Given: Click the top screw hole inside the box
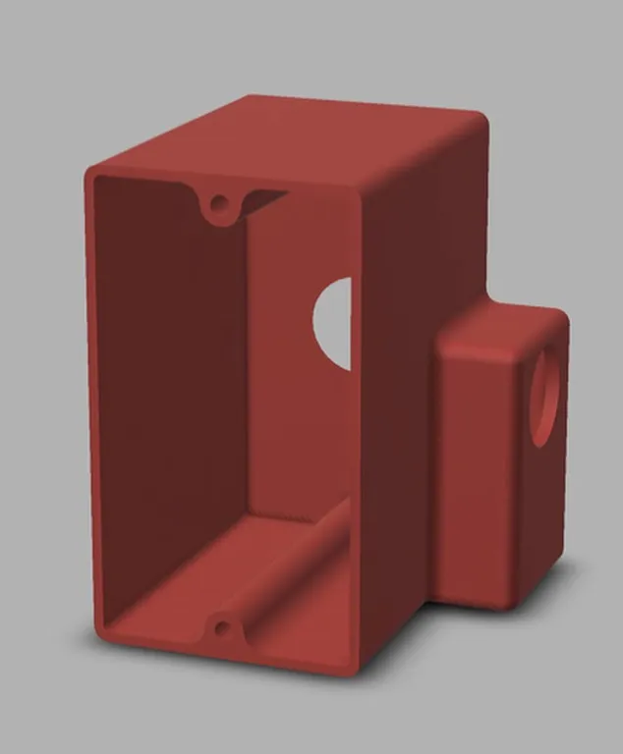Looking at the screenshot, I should pyautogui.click(x=219, y=205).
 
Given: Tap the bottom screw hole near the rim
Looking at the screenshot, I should pyautogui.click(x=221, y=627).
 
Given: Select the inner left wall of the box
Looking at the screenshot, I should pyautogui.click(x=167, y=393).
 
